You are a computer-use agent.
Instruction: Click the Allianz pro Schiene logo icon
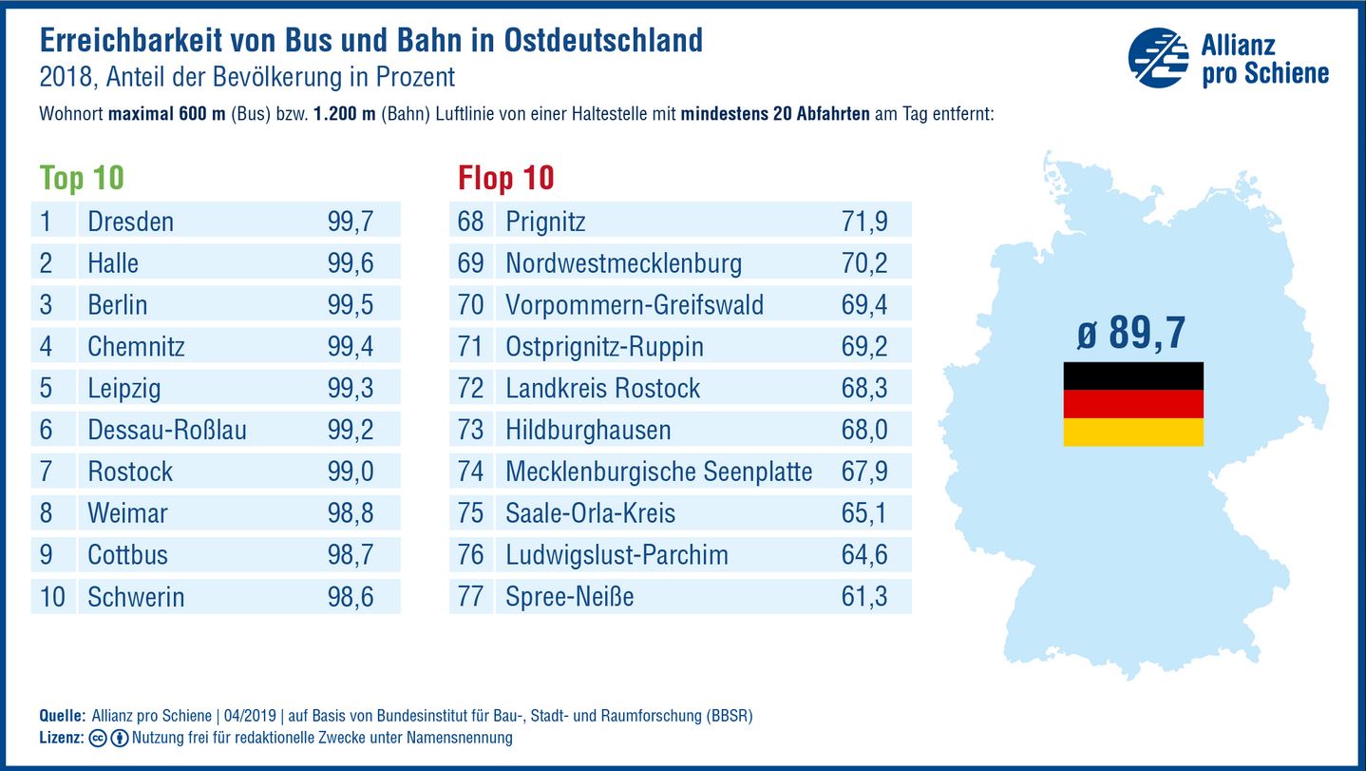[1158, 58]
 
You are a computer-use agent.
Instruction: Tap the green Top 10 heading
[82, 178]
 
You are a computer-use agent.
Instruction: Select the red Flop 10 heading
[505, 178]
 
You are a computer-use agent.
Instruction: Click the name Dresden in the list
[130, 222]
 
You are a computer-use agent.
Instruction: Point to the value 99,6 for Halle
[351, 263]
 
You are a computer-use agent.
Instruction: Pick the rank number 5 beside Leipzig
[47, 388]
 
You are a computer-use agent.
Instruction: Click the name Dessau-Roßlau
[166, 430]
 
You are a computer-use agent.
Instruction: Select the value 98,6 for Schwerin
[351, 597]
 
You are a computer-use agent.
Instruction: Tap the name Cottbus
[127, 555]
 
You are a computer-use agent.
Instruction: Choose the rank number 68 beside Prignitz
[470, 222]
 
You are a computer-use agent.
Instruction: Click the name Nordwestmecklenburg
[623, 263]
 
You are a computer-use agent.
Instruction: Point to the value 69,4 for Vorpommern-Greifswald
[864, 305]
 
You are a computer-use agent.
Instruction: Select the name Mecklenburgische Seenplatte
[658, 472]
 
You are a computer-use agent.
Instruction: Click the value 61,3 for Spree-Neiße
[864, 597]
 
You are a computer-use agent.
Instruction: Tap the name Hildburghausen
[588, 430]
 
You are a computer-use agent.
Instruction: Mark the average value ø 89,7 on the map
[1131, 335]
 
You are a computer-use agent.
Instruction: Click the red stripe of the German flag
[1132, 404]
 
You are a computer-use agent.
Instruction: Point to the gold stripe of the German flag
[1132, 432]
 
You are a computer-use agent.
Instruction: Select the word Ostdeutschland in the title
[603, 40]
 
